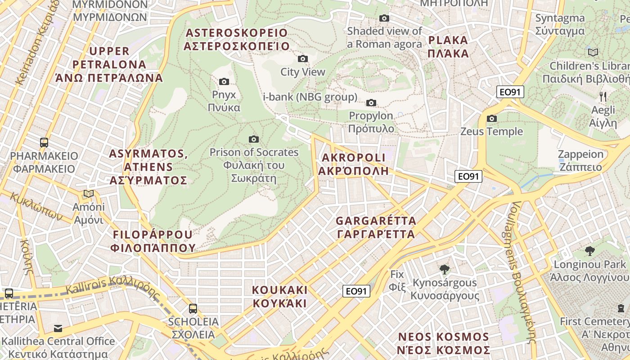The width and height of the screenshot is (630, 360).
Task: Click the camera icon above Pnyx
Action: tap(224, 81)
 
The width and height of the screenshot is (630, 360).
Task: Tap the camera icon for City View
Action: tap(303, 58)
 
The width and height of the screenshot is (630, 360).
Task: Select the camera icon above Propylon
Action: tap(371, 103)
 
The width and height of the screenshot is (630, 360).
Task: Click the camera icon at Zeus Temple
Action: tap(492, 118)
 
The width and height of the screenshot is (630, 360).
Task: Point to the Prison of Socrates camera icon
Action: tap(254, 139)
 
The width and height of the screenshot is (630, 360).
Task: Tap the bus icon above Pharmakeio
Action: tap(44, 143)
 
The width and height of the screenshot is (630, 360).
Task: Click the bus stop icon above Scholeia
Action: tap(193, 308)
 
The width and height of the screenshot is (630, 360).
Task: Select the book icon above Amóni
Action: tap(89, 194)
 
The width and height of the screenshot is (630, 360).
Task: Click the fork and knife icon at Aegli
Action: tap(603, 96)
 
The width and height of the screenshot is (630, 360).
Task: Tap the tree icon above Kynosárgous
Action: tap(445, 270)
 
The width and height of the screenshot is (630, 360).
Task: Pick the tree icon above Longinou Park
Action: tap(589, 251)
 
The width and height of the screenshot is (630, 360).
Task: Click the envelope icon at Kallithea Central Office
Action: tap(58, 328)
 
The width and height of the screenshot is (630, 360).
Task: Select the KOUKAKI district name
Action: tap(279, 296)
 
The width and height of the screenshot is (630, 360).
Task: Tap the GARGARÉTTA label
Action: tap(376, 228)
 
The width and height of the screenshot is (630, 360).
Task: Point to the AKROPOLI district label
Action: tap(353, 164)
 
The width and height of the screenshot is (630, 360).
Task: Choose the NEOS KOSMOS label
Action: tap(444, 343)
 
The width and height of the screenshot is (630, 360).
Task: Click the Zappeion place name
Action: tap(580, 161)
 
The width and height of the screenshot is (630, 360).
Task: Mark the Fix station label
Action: tap(397, 280)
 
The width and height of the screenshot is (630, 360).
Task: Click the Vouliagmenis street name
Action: tap(522, 270)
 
